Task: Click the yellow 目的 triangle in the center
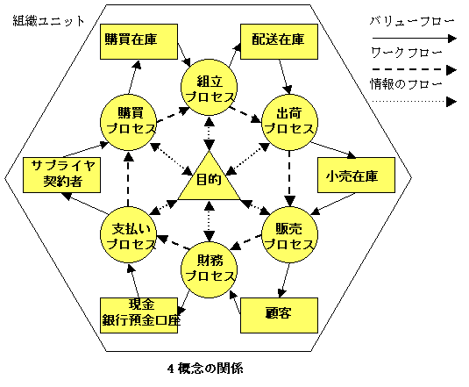coord(209,182)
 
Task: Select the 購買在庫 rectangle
coord(139,41)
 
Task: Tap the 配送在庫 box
coord(279,41)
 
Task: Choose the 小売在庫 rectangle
coord(356,176)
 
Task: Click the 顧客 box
coord(279,315)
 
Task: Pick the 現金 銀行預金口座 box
coord(139,315)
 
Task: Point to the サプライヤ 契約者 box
coord(62,176)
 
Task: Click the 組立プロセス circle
coord(209,88)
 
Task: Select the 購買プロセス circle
coord(128,122)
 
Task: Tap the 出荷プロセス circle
coord(289,122)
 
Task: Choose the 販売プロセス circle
coord(289,235)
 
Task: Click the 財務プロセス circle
coord(209,269)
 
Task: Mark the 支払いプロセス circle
coord(128,235)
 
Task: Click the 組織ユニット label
coord(49,21)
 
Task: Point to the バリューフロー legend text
coord(412,21)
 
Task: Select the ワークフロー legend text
coord(407,53)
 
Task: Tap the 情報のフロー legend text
coord(406,84)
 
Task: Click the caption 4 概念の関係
coord(205,369)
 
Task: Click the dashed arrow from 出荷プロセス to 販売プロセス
coord(289,179)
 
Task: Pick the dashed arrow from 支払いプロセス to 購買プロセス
coord(128,179)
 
